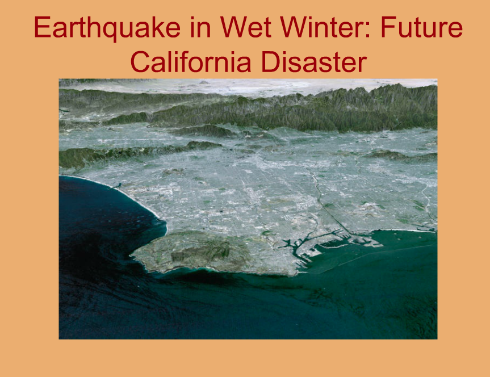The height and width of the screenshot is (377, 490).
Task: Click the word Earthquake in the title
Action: [x=107, y=28]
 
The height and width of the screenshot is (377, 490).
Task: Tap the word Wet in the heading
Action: [x=245, y=27]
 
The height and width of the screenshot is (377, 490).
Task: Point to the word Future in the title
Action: [x=421, y=27]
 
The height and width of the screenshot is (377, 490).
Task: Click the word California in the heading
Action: [x=191, y=61]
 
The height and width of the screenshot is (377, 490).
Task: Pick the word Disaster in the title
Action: [x=314, y=61]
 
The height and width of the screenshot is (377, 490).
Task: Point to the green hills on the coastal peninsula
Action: [x=200, y=252]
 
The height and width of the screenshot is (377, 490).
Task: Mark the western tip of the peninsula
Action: [x=131, y=256]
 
